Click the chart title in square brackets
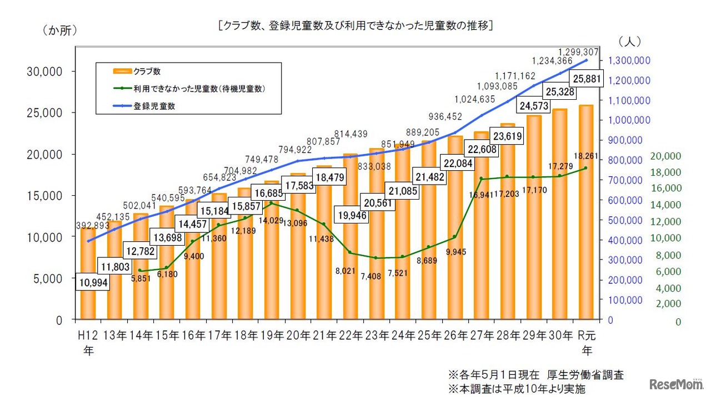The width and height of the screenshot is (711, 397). click(355, 26)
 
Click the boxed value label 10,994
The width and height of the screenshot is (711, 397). click(93, 283)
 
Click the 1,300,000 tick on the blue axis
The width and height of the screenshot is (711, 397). click(630, 61)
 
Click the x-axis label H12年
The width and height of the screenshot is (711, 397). click(89, 342)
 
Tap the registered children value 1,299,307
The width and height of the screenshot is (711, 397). click(578, 52)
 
